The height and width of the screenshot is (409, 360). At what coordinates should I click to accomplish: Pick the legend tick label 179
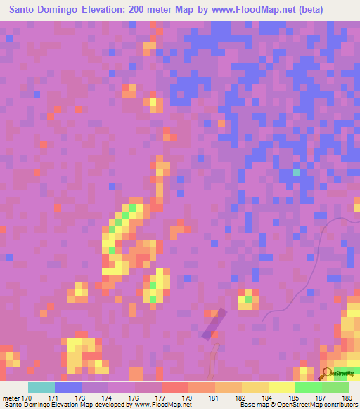187,398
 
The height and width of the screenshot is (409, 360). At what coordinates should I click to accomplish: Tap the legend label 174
107,398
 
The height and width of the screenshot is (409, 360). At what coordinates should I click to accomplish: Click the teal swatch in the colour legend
41,387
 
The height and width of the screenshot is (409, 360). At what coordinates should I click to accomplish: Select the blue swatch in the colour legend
68,387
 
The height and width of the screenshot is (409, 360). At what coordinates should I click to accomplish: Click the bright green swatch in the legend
308,387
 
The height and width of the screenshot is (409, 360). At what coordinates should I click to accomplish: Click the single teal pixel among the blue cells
296,172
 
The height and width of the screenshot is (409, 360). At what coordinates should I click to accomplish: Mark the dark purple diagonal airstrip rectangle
214,324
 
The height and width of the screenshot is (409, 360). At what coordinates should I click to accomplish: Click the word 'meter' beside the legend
12,398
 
